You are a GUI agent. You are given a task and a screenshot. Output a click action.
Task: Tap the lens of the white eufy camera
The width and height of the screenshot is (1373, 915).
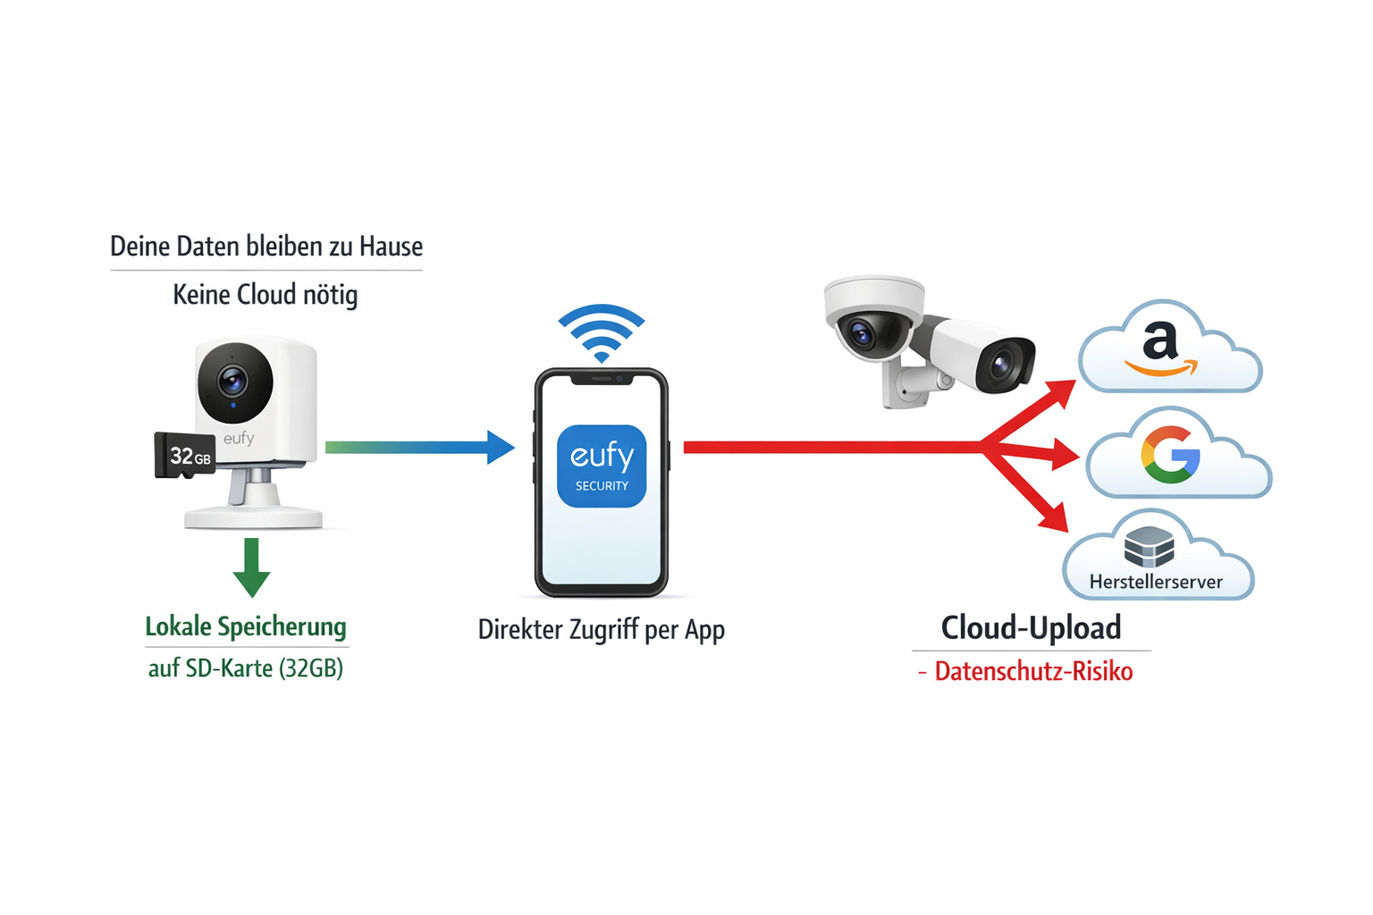pyautogui.click(x=234, y=382)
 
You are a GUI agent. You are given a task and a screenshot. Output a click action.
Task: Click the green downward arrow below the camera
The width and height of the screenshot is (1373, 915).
pyautogui.click(x=251, y=568)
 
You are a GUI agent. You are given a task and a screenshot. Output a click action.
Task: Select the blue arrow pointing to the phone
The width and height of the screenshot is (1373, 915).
pyautogui.click(x=420, y=447)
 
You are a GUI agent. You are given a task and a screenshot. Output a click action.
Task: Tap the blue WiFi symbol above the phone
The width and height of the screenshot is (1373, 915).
pyautogui.click(x=602, y=332)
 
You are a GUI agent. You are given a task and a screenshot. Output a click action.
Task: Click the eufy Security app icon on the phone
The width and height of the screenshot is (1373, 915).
pyautogui.click(x=602, y=466)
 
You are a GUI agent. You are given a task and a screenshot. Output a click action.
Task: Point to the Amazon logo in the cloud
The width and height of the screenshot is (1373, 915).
pyautogui.click(x=1160, y=350)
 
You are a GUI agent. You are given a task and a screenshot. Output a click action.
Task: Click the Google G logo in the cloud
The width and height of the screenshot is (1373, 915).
pyautogui.click(x=1170, y=455)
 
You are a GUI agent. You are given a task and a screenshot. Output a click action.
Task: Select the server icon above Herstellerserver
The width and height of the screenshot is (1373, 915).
pyautogui.click(x=1149, y=546)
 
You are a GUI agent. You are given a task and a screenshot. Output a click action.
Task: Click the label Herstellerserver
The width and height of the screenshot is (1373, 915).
pyautogui.click(x=1156, y=582)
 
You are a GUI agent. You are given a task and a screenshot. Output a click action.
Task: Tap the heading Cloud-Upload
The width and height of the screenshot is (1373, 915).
pyautogui.click(x=1031, y=627)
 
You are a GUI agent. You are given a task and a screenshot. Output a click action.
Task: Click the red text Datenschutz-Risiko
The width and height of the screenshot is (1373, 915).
pyautogui.click(x=1033, y=671)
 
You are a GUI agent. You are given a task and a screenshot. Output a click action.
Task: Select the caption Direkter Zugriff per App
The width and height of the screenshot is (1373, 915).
pyautogui.click(x=601, y=630)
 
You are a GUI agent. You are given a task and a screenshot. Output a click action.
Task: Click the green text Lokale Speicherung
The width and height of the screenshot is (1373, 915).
pyautogui.click(x=246, y=626)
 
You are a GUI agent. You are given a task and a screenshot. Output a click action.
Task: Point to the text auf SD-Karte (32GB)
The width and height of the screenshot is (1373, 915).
pyautogui.click(x=246, y=667)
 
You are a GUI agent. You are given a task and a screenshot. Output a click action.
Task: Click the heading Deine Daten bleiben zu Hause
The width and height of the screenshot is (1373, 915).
pyautogui.click(x=266, y=246)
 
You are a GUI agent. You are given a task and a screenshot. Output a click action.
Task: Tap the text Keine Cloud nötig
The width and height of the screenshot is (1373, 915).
pyautogui.click(x=265, y=294)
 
